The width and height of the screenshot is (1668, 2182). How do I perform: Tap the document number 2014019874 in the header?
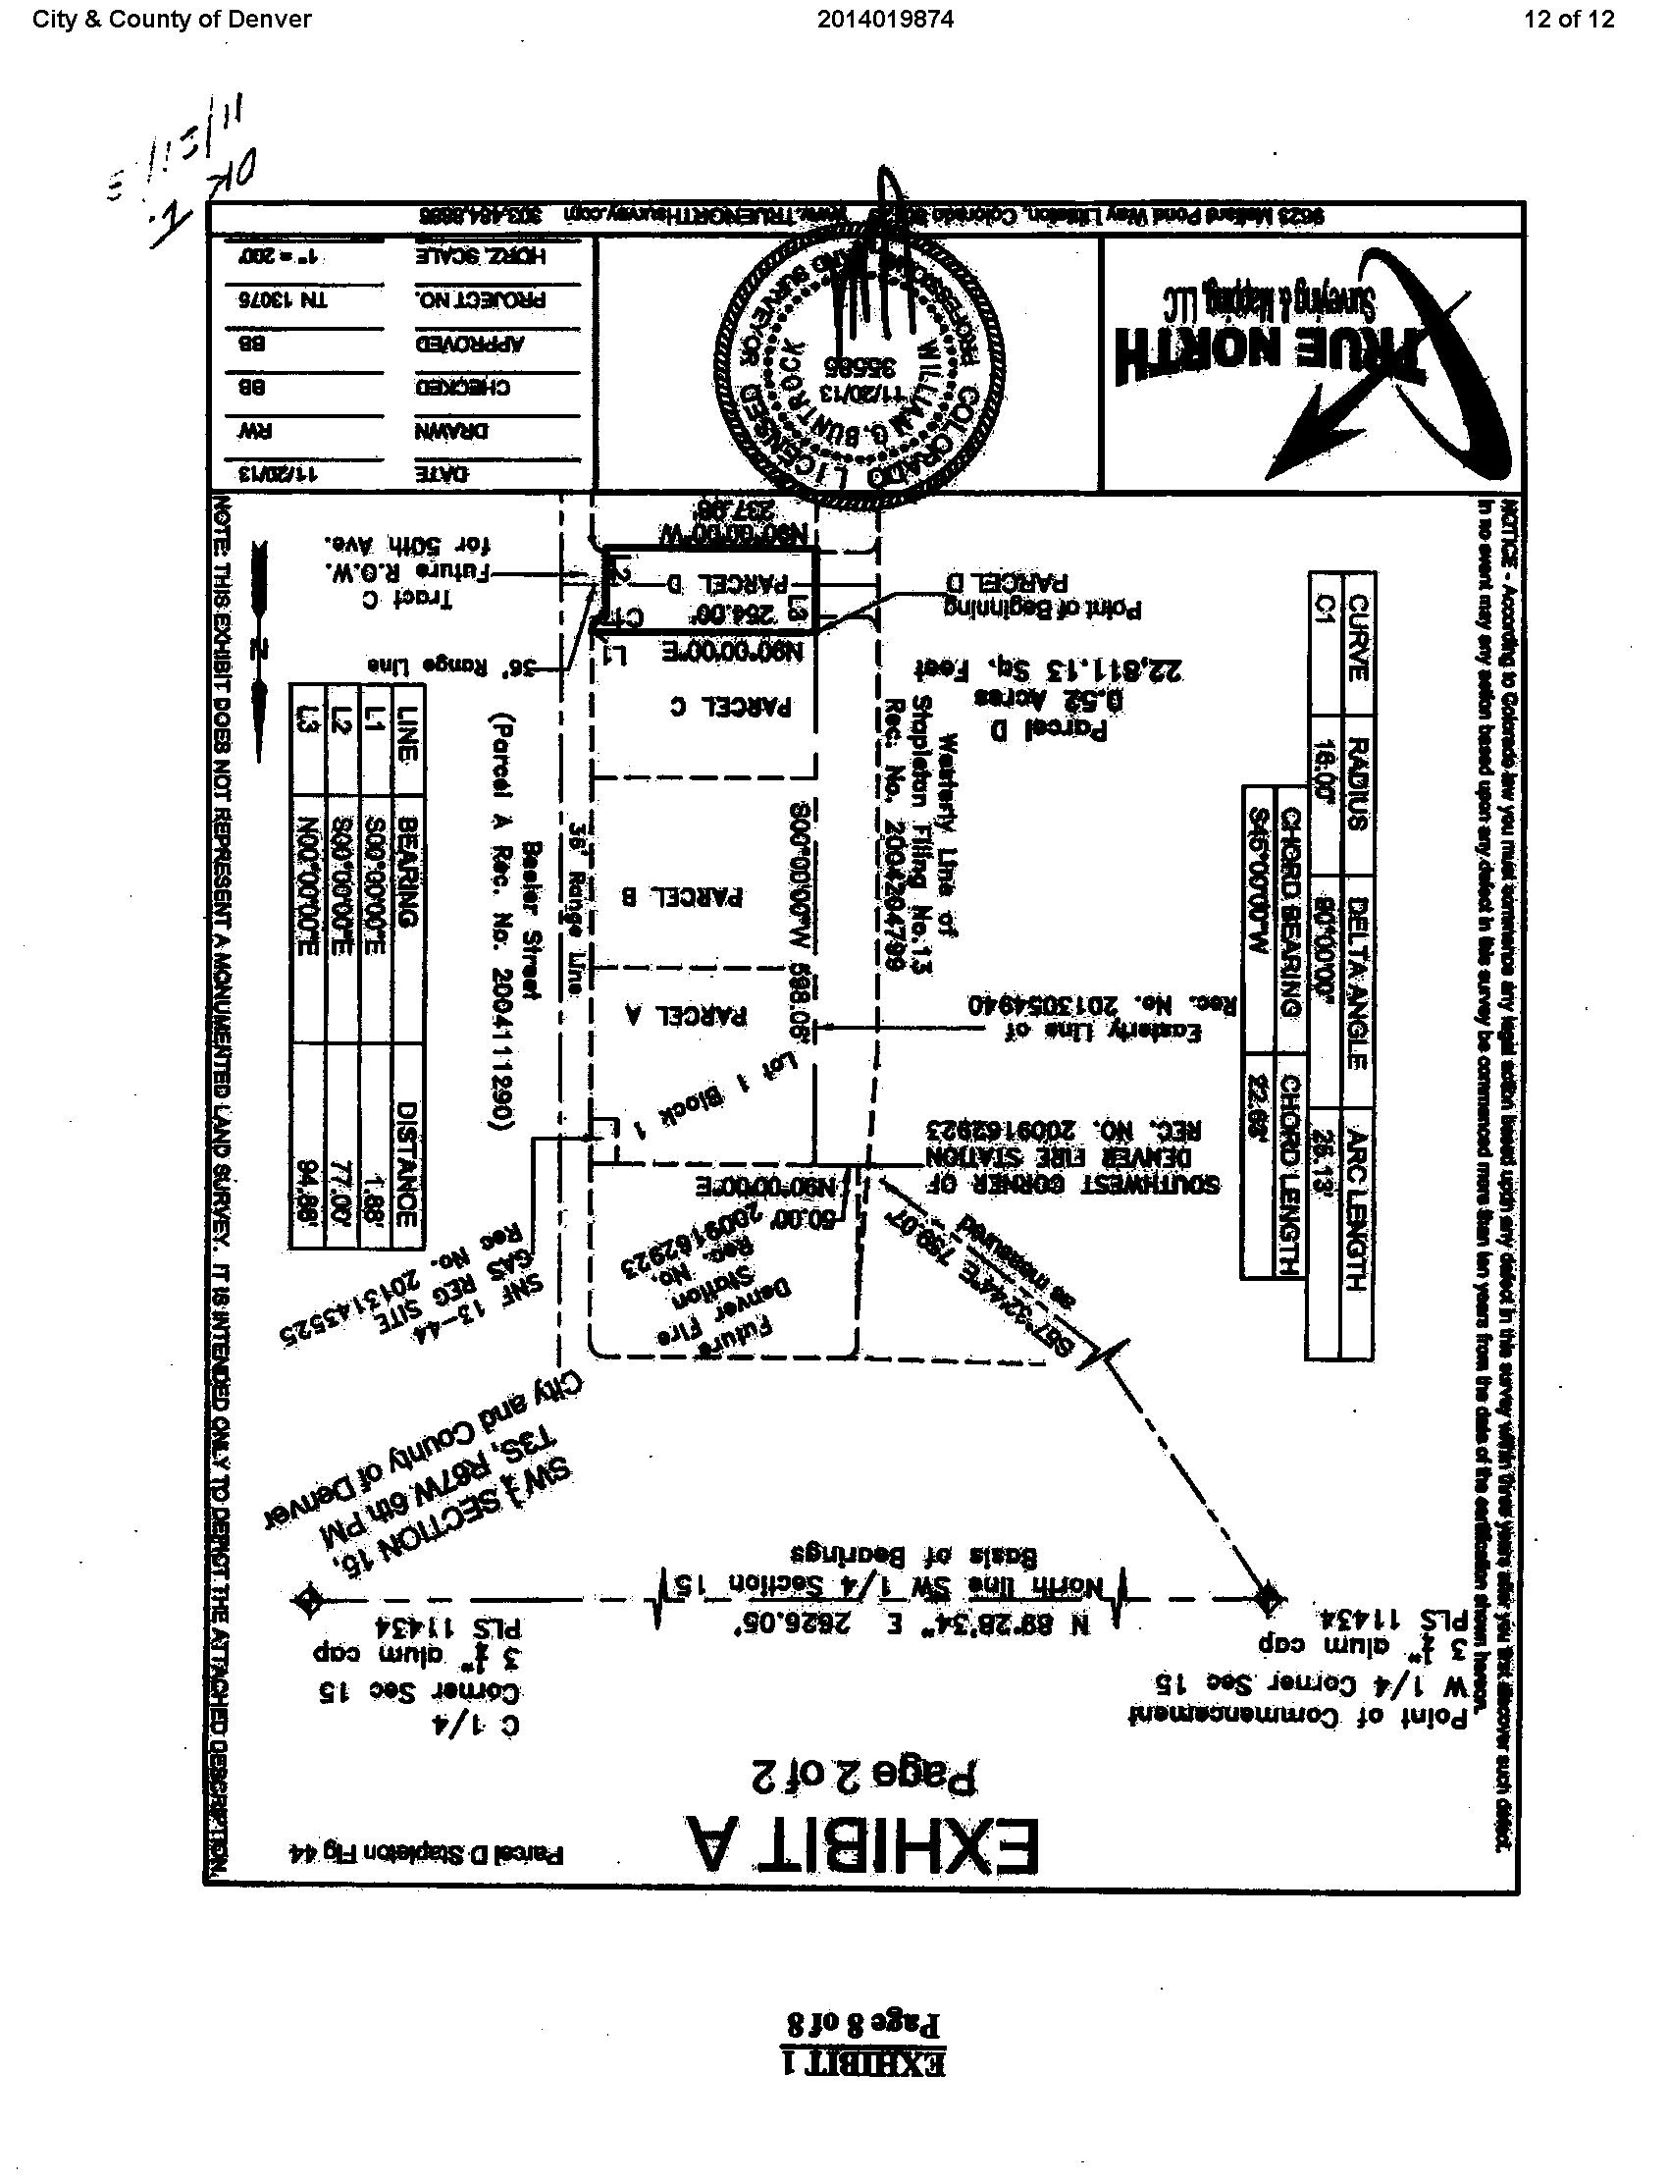pos(886,19)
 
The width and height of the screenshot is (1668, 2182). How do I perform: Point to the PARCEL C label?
pos(747,707)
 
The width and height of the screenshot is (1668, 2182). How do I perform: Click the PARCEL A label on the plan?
pos(700,1015)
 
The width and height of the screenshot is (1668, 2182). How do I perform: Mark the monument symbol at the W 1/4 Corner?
pos(1267,1598)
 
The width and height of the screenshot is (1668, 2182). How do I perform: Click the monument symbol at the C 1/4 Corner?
pos(309,1600)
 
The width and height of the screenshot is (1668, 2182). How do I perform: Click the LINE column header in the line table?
pos(408,719)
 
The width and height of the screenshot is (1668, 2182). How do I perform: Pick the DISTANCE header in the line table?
pos(408,1162)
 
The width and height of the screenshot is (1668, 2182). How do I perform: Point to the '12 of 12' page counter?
pos(1570,19)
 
